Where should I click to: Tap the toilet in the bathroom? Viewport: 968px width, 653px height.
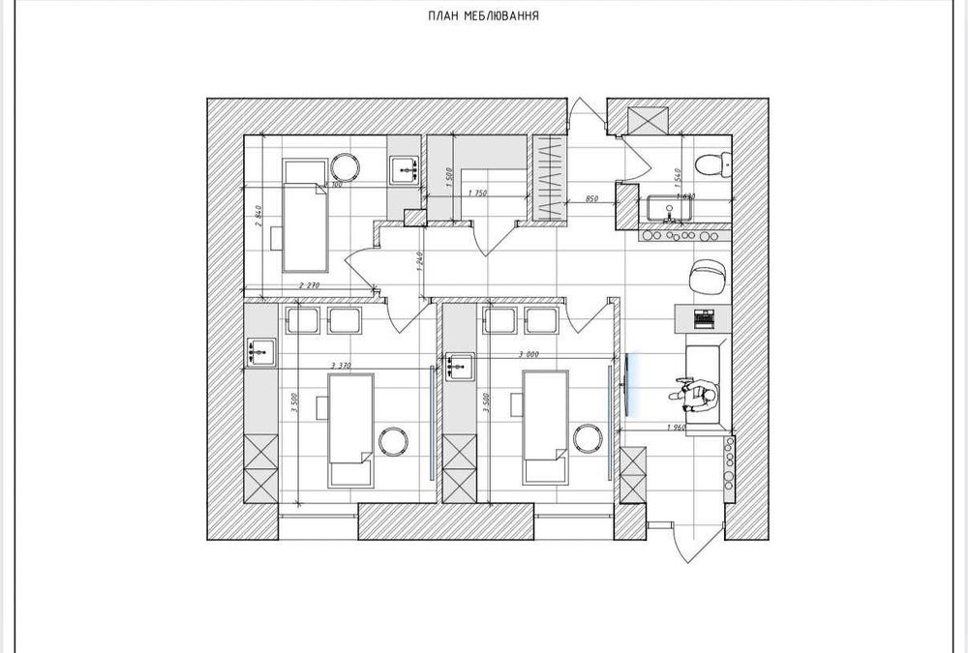pyautogui.click(x=712, y=163)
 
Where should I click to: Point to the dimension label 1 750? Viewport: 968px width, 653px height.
pyautogui.click(x=476, y=193)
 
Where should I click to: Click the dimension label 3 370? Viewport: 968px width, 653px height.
pyautogui.click(x=340, y=364)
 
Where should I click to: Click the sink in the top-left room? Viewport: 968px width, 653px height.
pyautogui.click(x=405, y=171)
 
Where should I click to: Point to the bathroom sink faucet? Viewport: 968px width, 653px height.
pyautogui.click(x=669, y=206)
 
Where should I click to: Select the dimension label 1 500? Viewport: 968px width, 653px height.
pyautogui.click(x=451, y=178)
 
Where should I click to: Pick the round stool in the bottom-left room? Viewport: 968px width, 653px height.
pyautogui.click(x=395, y=441)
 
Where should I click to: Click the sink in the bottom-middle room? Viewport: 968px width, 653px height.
pyautogui.click(x=461, y=366)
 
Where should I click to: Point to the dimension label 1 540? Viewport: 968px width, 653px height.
pyautogui.click(x=680, y=177)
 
